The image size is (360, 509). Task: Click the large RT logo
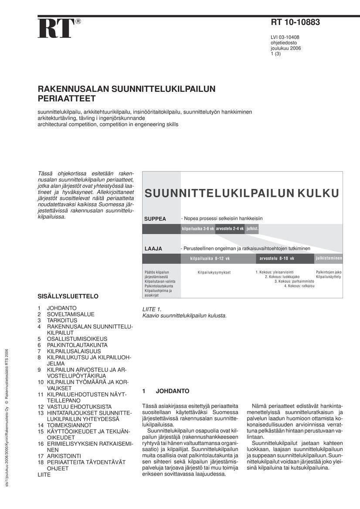point(56,29)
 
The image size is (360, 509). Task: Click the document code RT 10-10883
point(295,23)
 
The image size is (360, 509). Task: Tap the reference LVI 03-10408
point(285,37)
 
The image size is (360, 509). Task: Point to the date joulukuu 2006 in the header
point(285,48)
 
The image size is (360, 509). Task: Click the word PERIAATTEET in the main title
point(66,99)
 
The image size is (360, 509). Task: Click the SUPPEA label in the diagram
point(155,219)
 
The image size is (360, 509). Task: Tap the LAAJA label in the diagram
point(153,249)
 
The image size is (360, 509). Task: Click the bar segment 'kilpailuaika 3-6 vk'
point(198,229)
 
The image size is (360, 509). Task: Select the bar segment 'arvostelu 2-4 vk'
point(230,229)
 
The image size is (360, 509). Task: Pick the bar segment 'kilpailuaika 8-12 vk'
point(210,259)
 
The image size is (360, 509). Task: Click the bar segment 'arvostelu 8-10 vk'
point(277,259)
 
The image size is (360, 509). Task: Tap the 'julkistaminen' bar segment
point(329,259)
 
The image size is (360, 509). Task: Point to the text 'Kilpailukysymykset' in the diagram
point(214,273)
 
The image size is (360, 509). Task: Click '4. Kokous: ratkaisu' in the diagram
point(299,286)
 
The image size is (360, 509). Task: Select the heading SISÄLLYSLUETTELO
point(68,297)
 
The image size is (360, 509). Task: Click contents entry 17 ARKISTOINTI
point(59,456)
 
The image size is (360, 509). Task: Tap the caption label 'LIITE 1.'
point(152,309)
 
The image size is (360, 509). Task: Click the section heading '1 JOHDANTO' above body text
point(166,391)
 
